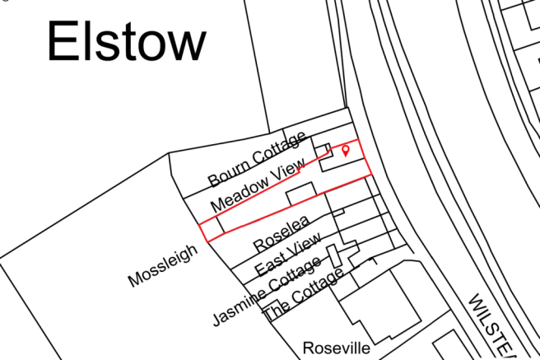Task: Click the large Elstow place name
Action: [x=126, y=42]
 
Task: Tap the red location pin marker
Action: [x=346, y=149]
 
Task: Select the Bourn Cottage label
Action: [x=257, y=158]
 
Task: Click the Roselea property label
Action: [x=281, y=233]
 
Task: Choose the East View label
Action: [x=287, y=256]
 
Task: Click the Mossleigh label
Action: [x=164, y=265]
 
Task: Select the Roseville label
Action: [x=337, y=348]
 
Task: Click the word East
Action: [x=271, y=265]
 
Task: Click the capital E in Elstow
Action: [x=63, y=42]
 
